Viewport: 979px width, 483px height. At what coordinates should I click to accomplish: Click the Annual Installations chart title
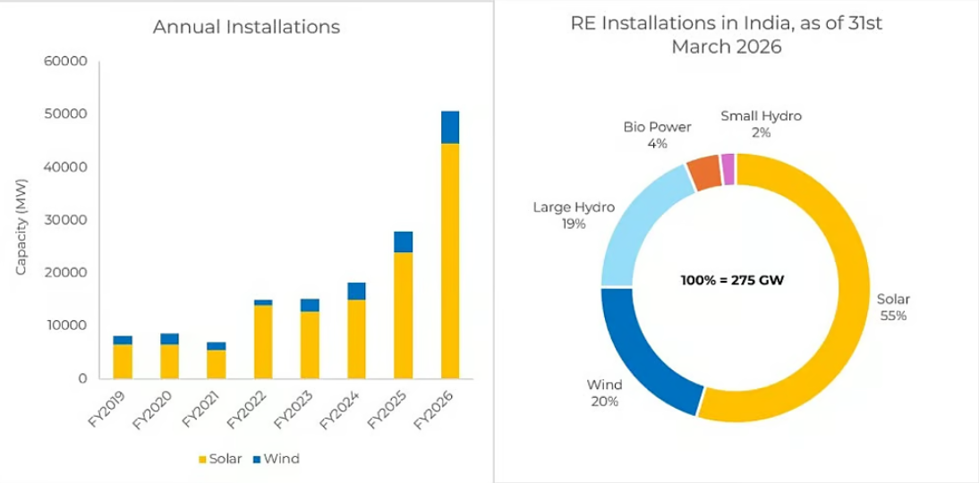click(246, 27)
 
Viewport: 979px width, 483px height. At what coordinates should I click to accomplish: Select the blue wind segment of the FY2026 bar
click(450, 127)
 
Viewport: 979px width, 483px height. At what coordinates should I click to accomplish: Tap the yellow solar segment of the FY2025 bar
click(403, 315)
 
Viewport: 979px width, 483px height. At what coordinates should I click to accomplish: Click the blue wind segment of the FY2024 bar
click(356, 291)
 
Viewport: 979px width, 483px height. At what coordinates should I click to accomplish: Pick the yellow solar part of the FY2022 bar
click(262, 342)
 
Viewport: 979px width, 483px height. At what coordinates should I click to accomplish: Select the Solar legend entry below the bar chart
click(219, 459)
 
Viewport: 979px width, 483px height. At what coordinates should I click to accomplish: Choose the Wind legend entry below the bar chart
click(276, 459)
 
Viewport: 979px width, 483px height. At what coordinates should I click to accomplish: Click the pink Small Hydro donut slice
click(728, 169)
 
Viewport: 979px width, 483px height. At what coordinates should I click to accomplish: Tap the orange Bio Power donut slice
click(704, 173)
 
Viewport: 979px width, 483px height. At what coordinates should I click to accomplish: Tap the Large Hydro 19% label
click(574, 216)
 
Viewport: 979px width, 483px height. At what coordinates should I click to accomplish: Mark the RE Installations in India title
click(726, 35)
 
